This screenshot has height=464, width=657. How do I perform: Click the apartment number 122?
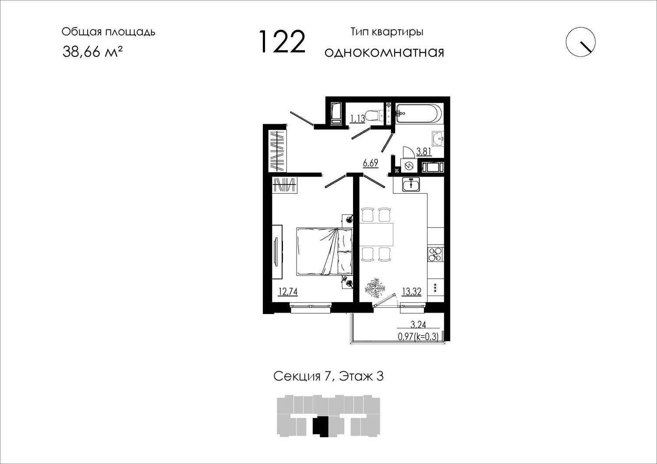pos(283,42)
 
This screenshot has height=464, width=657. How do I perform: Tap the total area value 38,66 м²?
pos(92,52)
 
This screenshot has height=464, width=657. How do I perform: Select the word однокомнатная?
pos(384,52)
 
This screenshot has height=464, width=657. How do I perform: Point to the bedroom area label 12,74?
pos(83,292)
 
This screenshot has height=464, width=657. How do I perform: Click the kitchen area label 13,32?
pos(412,292)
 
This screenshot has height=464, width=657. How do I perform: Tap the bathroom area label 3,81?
pos(424,151)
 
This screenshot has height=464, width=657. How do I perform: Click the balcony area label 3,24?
pos(418,324)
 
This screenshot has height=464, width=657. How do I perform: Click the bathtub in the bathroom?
pos(419,114)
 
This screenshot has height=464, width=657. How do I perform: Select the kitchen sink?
pos(411,184)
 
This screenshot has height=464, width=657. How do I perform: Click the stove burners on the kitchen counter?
pos(435,254)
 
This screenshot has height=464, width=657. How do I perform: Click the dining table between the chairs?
pos(376,234)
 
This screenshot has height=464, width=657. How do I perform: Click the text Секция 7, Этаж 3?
pos(328,376)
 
